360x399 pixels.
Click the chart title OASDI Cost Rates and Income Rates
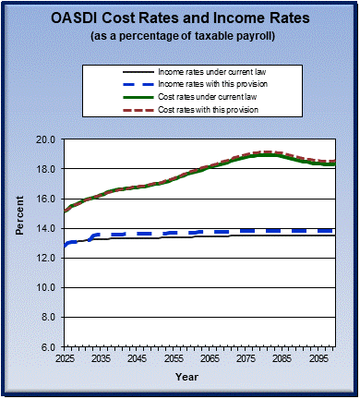[x=180, y=18]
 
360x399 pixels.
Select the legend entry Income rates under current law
[x=214, y=72]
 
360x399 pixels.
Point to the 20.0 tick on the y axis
[x=48, y=139]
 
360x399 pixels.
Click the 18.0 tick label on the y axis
[x=48, y=169]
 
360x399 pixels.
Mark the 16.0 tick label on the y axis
[x=48, y=199]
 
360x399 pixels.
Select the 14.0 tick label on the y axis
[x=48, y=228]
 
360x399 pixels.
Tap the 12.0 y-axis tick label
[x=48, y=258]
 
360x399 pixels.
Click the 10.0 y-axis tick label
[x=48, y=287]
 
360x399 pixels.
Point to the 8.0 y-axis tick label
[x=51, y=317]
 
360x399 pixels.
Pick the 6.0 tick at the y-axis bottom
[x=51, y=346]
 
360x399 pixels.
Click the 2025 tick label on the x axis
[x=65, y=357]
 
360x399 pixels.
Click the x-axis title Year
[x=186, y=377]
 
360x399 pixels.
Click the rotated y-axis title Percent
[x=18, y=243]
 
